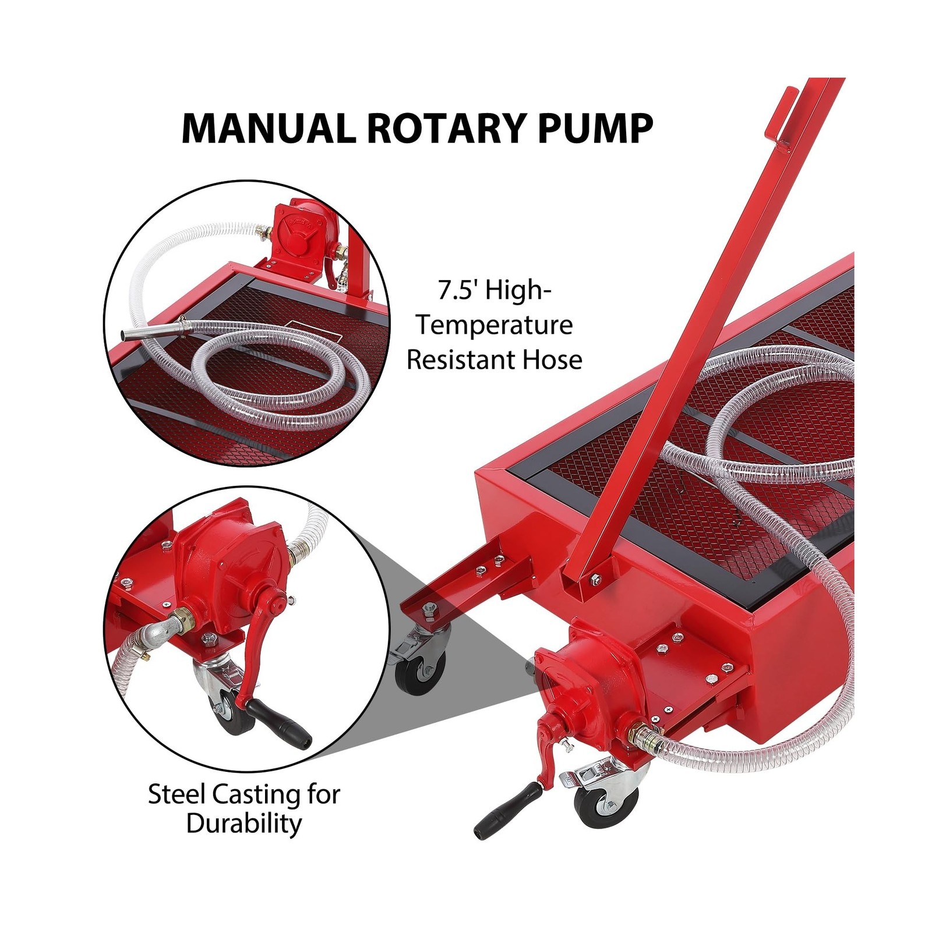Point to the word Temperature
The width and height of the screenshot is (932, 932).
click(x=494, y=325)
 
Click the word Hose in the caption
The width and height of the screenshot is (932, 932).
click(x=553, y=359)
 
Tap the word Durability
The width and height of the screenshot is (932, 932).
click(x=244, y=824)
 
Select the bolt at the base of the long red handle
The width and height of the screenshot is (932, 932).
click(x=596, y=578)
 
